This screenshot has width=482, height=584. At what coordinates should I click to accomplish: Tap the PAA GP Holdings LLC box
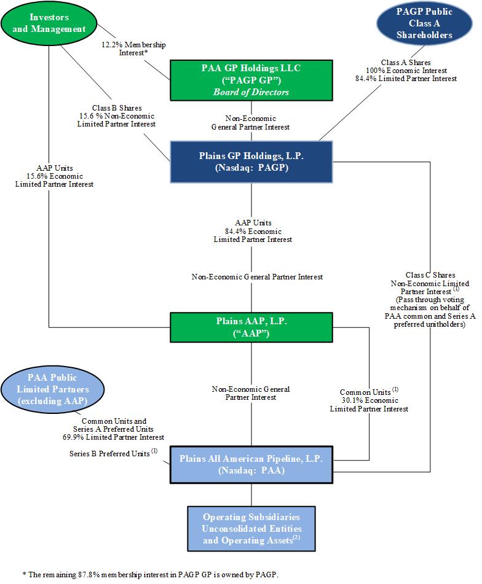(251, 80)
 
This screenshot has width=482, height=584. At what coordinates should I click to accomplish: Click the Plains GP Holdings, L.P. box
(251, 161)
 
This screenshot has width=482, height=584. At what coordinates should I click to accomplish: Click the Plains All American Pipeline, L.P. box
(251, 464)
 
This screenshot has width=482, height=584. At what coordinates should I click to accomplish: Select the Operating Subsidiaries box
(251, 528)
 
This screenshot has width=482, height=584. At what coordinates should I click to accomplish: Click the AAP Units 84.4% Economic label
(253, 231)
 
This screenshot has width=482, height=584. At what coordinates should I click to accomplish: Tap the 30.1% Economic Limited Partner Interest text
(374, 404)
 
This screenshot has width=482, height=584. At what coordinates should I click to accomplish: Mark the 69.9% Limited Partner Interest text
(122, 437)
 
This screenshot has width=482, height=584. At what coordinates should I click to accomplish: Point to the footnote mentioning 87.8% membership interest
(150, 574)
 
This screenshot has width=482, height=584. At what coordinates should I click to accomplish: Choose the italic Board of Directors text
(251, 93)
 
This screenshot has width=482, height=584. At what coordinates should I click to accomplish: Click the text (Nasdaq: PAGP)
(251, 167)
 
